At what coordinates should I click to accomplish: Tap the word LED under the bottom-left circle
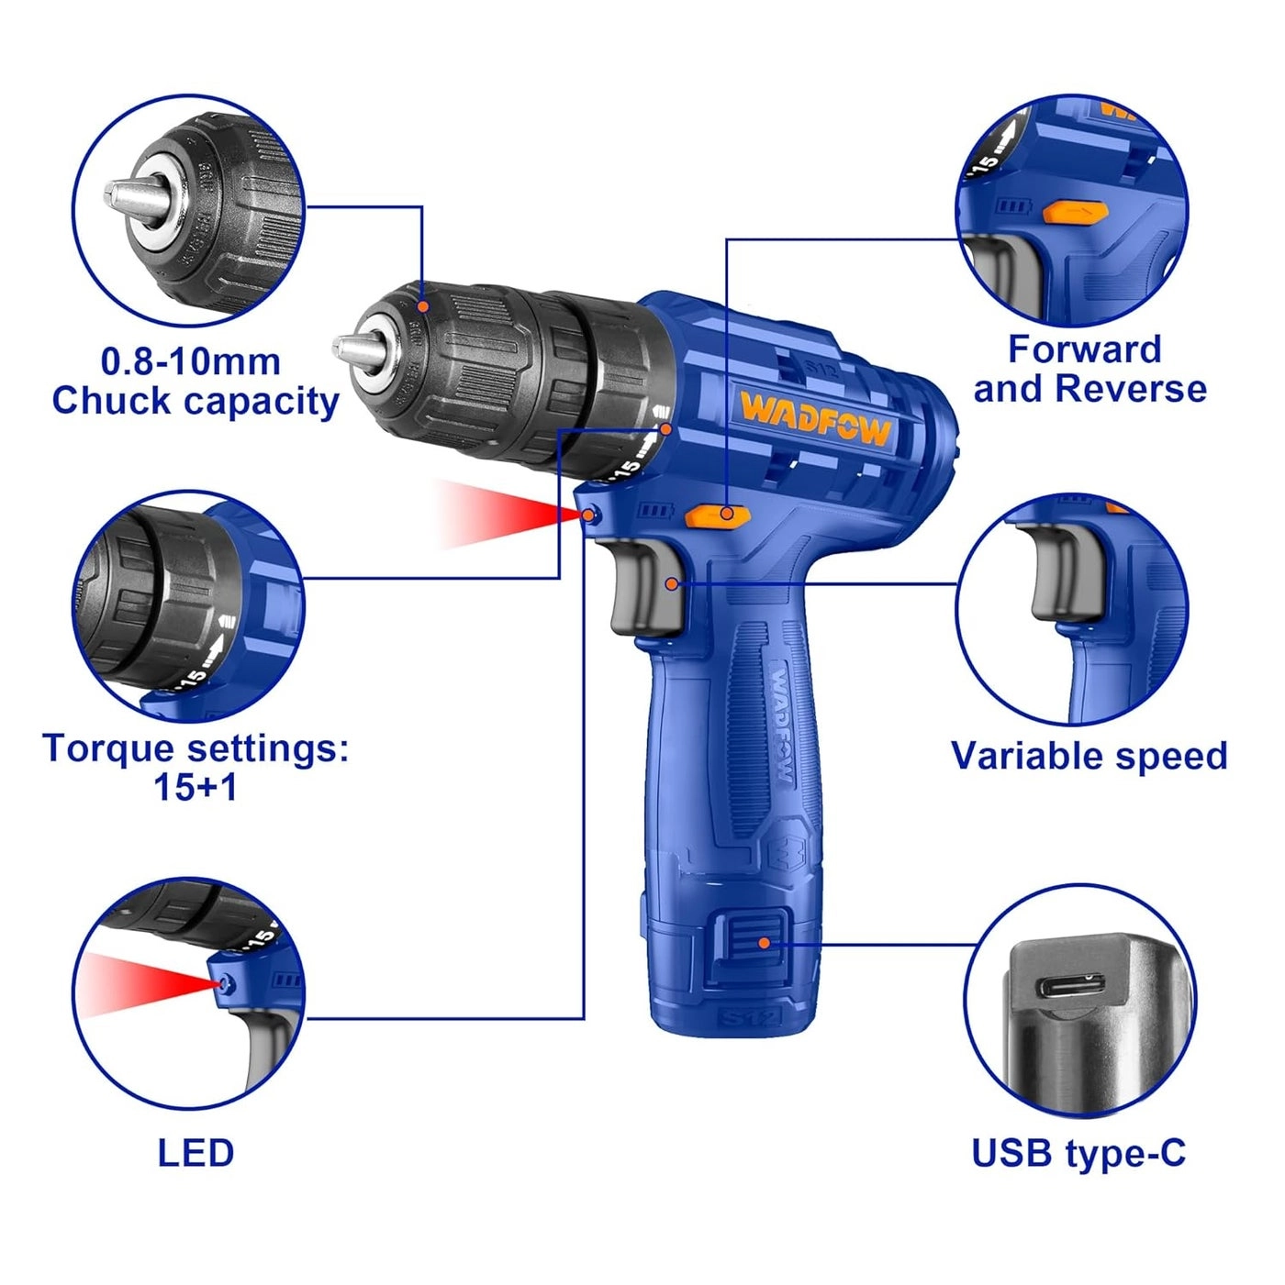(x=196, y=1153)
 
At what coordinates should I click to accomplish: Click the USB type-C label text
(x=1078, y=1153)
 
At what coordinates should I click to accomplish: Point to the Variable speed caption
(x=1089, y=756)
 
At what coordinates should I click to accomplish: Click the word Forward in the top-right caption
(x=1085, y=349)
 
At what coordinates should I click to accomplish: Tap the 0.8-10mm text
(x=191, y=361)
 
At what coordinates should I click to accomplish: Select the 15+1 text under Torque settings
(x=196, y=787)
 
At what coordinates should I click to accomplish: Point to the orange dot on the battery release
(x=764, y=942)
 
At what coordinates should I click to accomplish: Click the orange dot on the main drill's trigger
(x=673, y=583)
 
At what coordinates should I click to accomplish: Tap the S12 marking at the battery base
(x=749, y=1017)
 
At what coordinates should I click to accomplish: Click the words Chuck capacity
(x=196, y=401)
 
